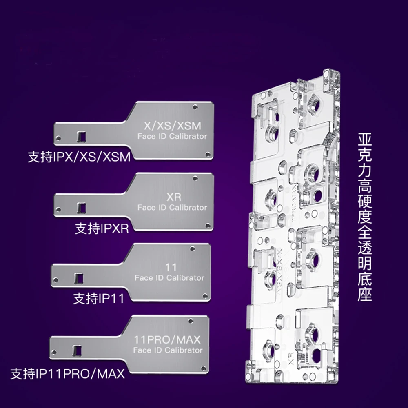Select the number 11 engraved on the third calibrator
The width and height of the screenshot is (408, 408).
171,268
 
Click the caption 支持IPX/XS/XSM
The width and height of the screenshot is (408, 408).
79,157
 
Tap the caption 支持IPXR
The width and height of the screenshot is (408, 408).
102,228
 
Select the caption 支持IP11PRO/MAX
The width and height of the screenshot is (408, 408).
67,373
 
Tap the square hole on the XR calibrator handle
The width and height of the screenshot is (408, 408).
82,208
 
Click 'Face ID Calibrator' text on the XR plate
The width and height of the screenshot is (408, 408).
172,208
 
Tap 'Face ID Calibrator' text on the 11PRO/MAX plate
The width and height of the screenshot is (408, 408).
168,350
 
